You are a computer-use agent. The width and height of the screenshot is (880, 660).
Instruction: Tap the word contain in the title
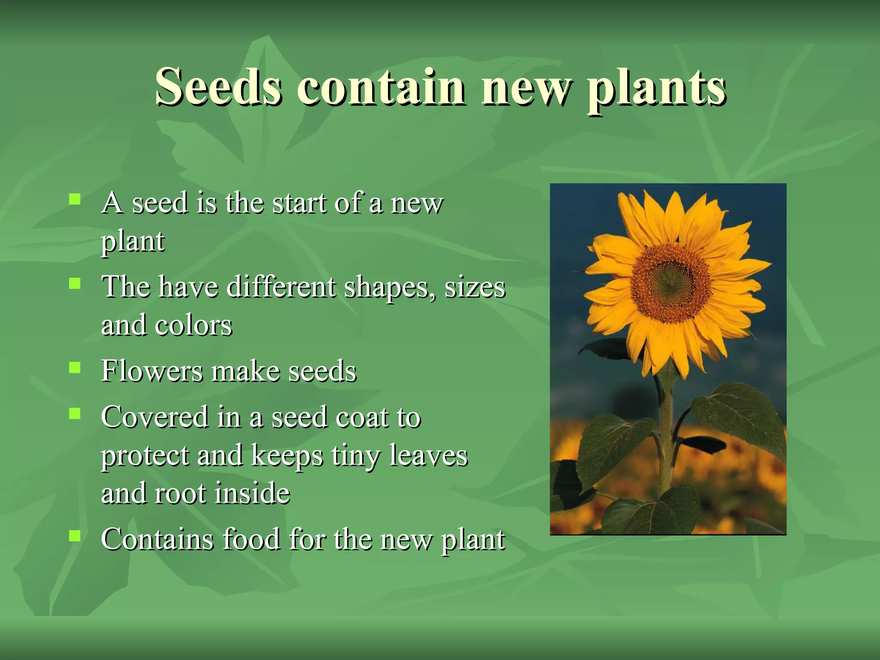(381, 87)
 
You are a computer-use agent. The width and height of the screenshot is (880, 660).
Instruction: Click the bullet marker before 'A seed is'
(75, 199)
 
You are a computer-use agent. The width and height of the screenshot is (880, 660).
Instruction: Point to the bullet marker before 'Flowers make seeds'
(75, 367)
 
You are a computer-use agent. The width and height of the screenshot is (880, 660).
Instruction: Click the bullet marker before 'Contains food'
(75, 535)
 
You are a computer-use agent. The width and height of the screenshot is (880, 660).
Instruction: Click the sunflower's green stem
(665, 438)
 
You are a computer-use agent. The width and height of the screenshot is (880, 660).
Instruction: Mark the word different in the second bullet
(281, 287)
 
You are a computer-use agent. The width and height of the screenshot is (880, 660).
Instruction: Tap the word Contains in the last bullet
(157, 539)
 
